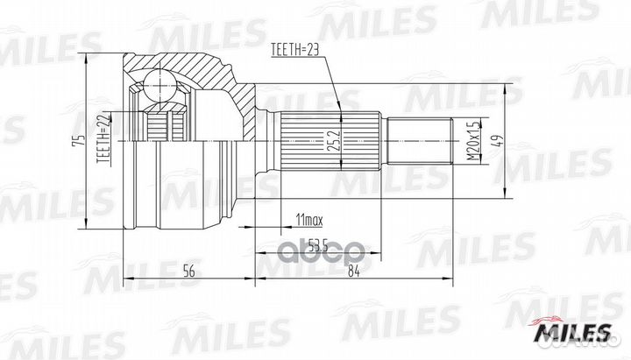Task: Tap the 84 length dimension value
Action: pos(353,272)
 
